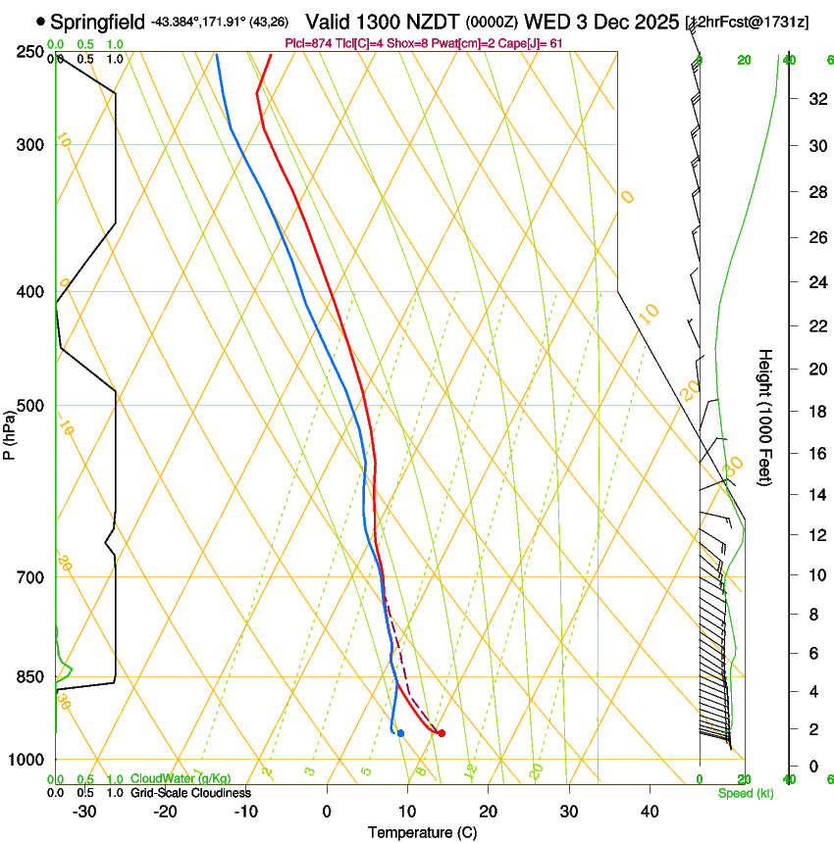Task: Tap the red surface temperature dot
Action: coord(442,733)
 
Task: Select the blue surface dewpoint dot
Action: coord(401,733)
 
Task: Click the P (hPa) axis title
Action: coord(9,432)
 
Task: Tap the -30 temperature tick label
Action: coord(84,811)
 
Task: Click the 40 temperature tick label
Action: coord(649,811)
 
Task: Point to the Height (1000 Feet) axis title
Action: coord(765,417)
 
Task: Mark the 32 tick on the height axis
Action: coord(815,99)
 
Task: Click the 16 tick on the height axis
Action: coord(815,454)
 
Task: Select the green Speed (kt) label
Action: coord(745,793)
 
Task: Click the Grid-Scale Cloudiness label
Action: coord(190,792)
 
